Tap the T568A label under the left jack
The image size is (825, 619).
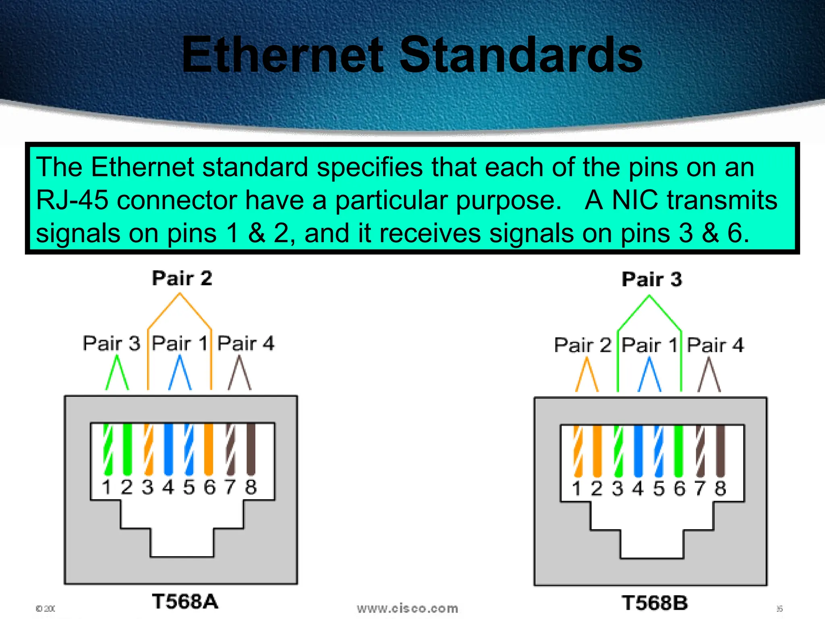point(185,601)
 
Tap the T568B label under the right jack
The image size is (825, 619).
point(655,603)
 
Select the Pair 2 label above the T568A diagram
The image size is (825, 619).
point(182,278)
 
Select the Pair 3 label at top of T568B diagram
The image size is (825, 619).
point(652,279)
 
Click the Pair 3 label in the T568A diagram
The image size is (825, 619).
point(111,343)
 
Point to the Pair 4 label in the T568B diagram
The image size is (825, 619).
point(715,345)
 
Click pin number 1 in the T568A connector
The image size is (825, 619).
point(106,487)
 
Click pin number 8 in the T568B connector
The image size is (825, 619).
point(720,488)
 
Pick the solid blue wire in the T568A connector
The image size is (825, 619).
point(168,449)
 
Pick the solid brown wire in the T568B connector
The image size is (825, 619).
point(720,451)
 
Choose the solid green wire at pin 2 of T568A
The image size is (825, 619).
point(127,449)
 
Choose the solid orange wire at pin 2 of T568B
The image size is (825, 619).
point(597,451)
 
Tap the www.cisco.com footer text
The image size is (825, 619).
point(407,608)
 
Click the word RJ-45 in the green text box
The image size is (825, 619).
point(72,200)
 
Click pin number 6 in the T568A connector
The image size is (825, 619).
point(209,487)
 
